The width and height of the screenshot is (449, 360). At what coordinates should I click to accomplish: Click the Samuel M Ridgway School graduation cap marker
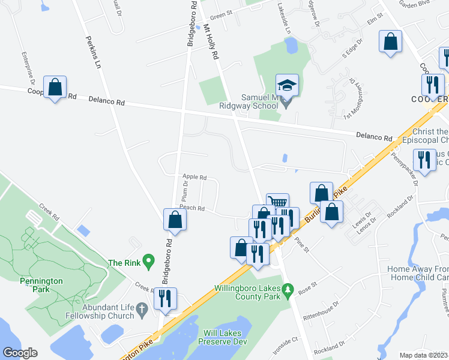pyautogui.click(x=287, y=85)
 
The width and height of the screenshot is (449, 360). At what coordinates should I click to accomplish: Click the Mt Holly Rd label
pyautogui.click(x=211, y=42)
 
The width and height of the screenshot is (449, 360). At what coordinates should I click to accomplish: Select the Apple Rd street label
pyautogui.click(x=194, y=178)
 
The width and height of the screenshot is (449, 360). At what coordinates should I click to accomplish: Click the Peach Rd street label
pyautogui.click(x=192, y=208)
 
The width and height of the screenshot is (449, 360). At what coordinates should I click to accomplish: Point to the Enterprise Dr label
pyautogui.click(x=29, y=70)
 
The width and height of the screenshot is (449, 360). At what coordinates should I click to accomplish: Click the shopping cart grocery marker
pyautogui.click(x=277, y=203)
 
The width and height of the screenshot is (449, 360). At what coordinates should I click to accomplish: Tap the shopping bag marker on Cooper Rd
pyautogui.click(x=55, y=87)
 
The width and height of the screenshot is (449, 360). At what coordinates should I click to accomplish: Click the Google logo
pyautogui.click(x=20, y=353)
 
